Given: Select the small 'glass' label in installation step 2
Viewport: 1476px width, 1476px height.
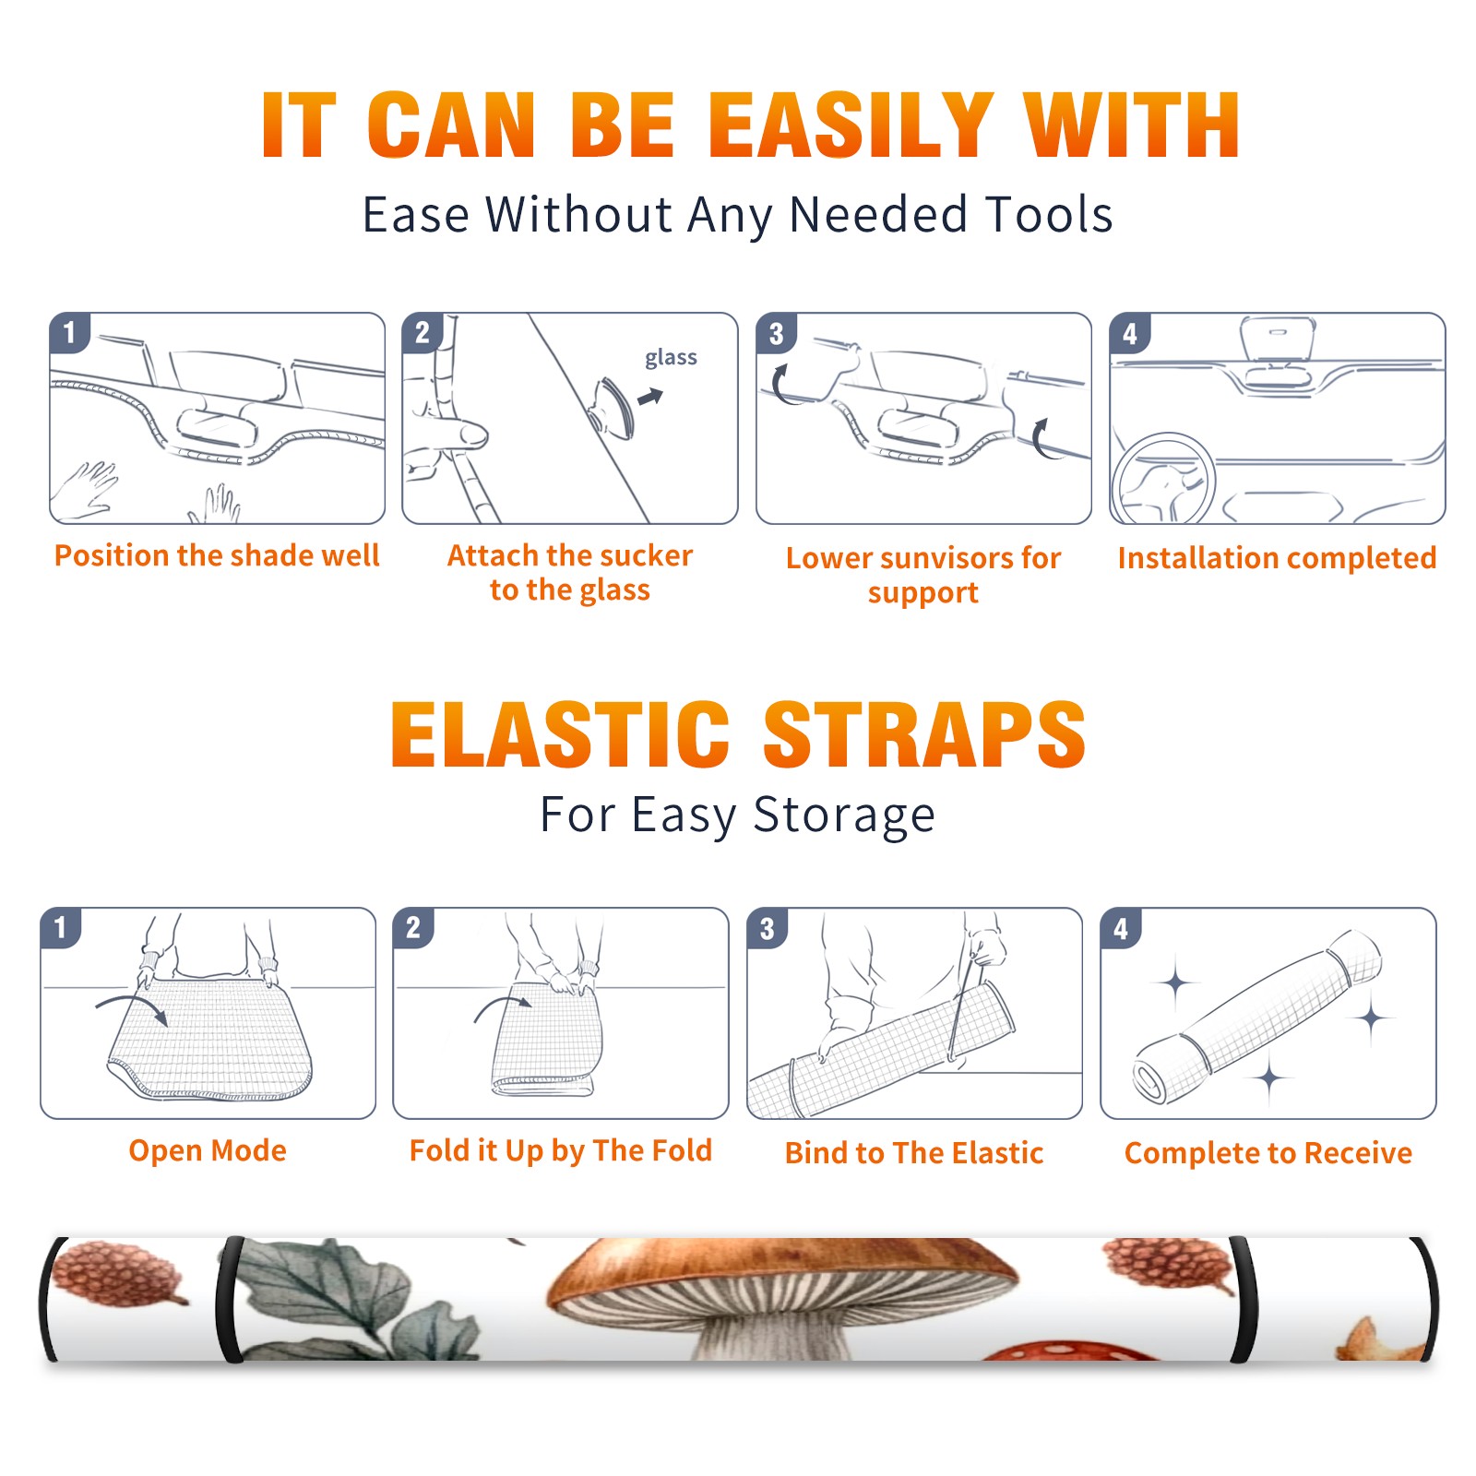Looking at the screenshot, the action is click(x=671, y=357).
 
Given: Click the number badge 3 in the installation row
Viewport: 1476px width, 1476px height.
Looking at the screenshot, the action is click(x=776, y=333).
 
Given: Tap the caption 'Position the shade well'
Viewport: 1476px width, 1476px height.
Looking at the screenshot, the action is click(x=217, y=555).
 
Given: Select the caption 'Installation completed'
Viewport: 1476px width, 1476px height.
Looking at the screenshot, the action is click(x=1277, y=557).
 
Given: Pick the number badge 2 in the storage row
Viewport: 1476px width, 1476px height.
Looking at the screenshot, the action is click(x=412, y=928).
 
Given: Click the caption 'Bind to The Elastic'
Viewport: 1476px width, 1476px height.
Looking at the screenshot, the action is click(x=913, y=1153).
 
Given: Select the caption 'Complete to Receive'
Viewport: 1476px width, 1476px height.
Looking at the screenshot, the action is click(x=1268, y=1153).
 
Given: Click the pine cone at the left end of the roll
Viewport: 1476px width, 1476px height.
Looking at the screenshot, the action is click(x=118, y=1274).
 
